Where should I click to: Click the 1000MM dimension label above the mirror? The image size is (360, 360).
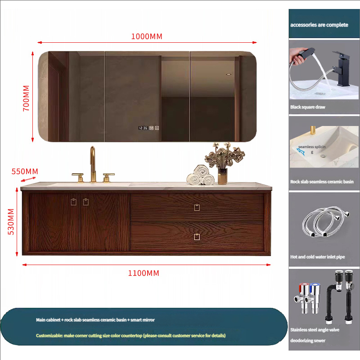pos(147,36)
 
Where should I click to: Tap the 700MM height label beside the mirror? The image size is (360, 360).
pos(26,98)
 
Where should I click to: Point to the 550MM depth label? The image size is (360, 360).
pos(25,171)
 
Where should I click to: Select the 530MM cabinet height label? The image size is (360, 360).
pos(11,221)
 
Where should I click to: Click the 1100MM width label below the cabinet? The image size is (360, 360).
pos(144,273)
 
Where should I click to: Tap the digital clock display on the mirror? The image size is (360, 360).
pos(143,128)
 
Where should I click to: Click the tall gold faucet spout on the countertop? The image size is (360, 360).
pos(93,164)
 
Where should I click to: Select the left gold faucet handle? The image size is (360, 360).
pos(78,177)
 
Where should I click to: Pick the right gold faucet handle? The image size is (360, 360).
pos(108,178)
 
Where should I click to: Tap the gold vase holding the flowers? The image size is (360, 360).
pos(222,176)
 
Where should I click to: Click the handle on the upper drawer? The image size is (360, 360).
pos(197,207)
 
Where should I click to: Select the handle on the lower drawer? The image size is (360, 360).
pos(197,237)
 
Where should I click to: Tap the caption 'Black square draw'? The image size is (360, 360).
pos(308,107)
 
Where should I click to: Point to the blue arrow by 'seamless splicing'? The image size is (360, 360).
pos(301,152)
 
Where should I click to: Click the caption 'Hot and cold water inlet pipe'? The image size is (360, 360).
pos(318,257)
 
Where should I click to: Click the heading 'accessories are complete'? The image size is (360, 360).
pos(319,25)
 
